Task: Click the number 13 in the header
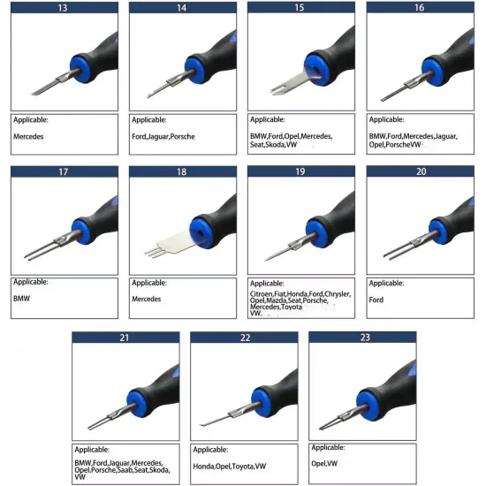click(63, 8)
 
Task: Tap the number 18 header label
click(182, 171)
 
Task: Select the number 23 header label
click(365, 338)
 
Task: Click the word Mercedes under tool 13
click(28, 136)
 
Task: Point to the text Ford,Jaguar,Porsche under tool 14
click(163, 137)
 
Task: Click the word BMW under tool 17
click(22, 299)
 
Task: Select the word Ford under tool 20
click(376, 300)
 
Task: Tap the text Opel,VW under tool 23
click(324, 463)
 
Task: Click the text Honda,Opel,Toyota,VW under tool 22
click(230, 467)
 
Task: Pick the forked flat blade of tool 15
click(290, 84)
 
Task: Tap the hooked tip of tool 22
click(202, 425)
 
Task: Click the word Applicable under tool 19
click(267, 284)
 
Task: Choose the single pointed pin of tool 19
click(277, 254)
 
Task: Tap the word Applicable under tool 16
click(386, 119)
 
